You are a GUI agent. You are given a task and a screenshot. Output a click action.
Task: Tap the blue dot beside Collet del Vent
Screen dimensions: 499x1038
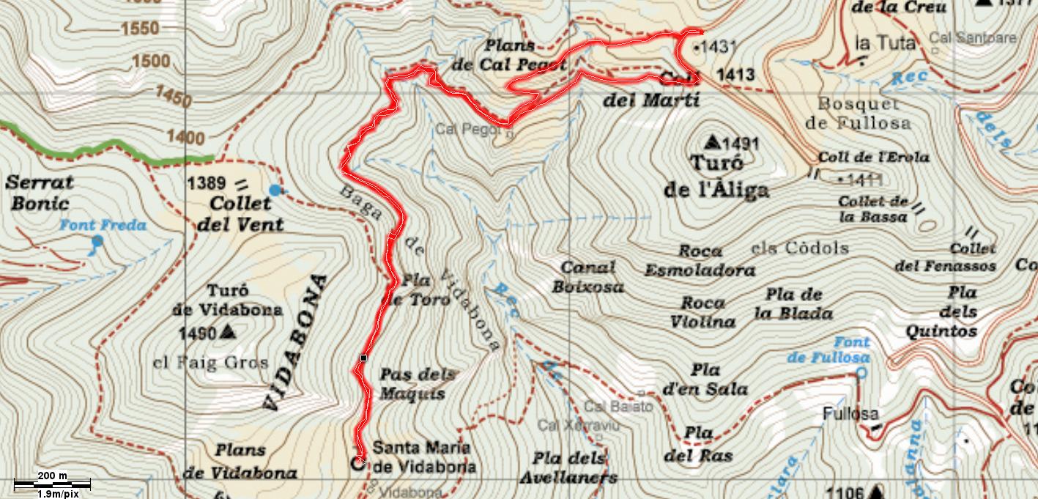275,191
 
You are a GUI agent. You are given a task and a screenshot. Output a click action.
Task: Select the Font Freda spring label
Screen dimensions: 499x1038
103,226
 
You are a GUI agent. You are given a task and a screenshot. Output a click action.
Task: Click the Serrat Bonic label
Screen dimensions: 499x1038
40,193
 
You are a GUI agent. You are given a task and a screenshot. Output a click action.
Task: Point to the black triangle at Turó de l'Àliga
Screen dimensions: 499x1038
712,141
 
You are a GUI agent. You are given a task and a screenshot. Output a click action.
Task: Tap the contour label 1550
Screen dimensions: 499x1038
140,29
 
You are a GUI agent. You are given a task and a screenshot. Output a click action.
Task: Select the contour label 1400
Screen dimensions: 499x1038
185,137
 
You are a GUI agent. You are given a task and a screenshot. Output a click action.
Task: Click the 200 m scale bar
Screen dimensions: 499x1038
52,483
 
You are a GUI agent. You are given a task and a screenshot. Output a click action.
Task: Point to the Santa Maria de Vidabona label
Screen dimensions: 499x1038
424,457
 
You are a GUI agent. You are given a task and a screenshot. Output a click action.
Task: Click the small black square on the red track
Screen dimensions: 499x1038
363,358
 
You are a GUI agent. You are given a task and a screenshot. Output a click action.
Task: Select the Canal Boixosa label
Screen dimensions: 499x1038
587,277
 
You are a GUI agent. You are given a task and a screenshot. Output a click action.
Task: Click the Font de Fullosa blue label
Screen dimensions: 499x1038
829,350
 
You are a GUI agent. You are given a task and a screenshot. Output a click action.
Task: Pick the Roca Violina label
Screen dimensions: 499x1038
702,312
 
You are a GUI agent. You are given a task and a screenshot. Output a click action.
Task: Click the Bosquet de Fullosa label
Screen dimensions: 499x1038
858,114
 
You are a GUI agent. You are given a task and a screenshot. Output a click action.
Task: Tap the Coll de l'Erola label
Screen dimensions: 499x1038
873,157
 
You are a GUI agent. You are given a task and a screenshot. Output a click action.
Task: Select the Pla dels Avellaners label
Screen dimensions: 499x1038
569,468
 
